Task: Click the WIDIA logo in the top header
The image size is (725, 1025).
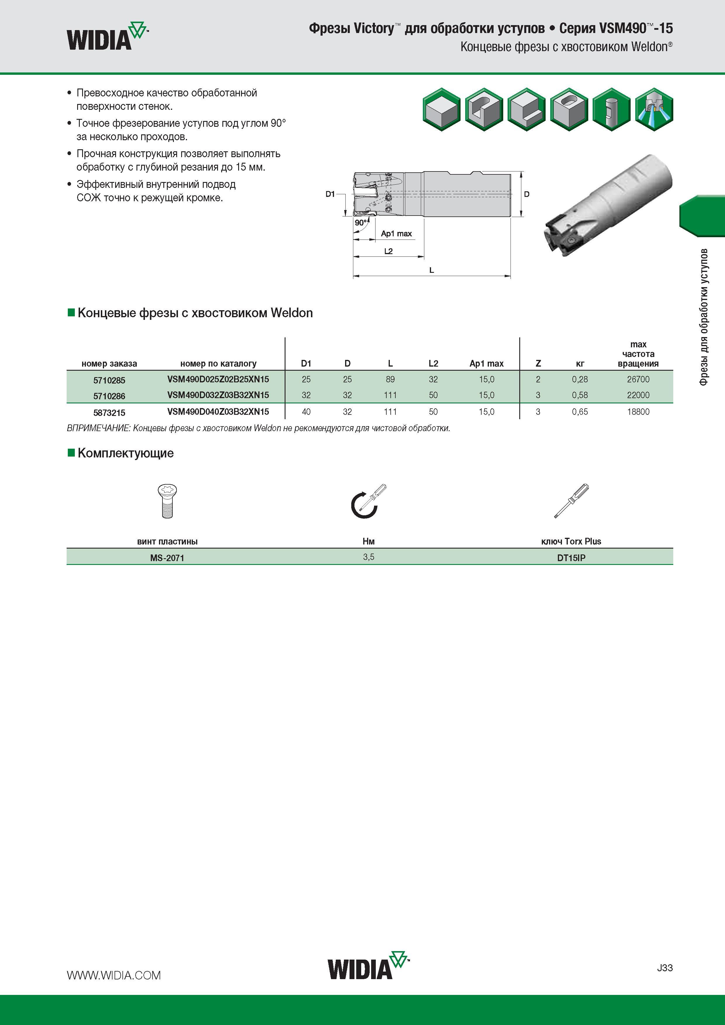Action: click(x=107, y=36)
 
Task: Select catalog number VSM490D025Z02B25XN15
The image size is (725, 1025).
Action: click(x=218, y=379)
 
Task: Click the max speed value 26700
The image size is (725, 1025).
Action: click(x=638, y=379)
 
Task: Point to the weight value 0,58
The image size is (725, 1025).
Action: click(x=580, y=395)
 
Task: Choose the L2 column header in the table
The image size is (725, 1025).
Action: click(x=433, y=363)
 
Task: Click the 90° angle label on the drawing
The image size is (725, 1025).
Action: click(x=361, y=222)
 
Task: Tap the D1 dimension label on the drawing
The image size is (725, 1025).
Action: click(x=330, y=194)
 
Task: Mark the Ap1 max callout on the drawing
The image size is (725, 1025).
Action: click(x=396, y=233)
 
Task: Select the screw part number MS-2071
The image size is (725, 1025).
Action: click(x=167, y=558)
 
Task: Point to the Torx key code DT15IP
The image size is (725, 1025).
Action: click(x=571, y=558)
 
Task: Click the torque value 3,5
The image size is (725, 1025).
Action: click(x=368, y=557)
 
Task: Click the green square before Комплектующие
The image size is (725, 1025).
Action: click(x=71, y=453)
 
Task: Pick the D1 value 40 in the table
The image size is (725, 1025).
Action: click(x=306, y=412)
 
